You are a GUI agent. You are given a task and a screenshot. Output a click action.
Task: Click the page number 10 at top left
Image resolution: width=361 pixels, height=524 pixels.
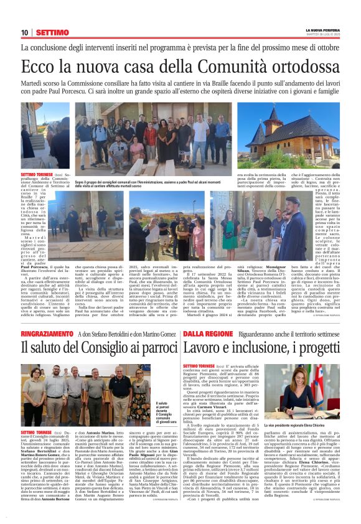(x=25, y=32)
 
